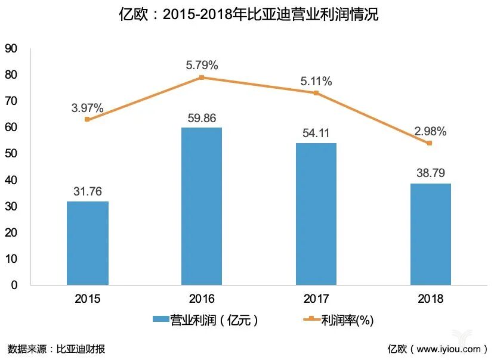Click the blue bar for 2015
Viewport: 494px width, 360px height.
[x=88, y=243]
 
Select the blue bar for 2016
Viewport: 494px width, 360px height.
[x=202, y=206]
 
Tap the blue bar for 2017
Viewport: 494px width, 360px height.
[x=316, y=213]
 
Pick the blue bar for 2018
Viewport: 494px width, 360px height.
[x=430, y=234]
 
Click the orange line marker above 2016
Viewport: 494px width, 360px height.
[x=202, y=77]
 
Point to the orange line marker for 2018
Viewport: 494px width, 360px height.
[x=430, y=143]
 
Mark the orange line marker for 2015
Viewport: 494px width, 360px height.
[x=88, y=119]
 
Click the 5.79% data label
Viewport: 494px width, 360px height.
[x=202, y=65]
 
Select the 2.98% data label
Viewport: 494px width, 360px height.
[x=430, y=131]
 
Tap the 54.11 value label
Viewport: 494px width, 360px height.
[x=316, y=133]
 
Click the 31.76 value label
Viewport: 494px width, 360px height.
[x=87, y=191]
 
